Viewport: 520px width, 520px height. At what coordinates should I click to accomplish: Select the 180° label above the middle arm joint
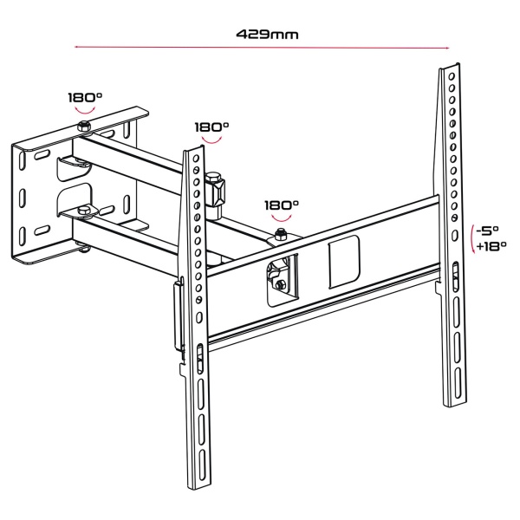(211, 127)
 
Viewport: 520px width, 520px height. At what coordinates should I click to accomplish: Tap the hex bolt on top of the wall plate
(83, 128)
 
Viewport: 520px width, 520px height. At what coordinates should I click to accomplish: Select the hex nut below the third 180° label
(282, 235)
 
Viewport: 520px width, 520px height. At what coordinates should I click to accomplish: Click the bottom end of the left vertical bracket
(198, 485)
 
